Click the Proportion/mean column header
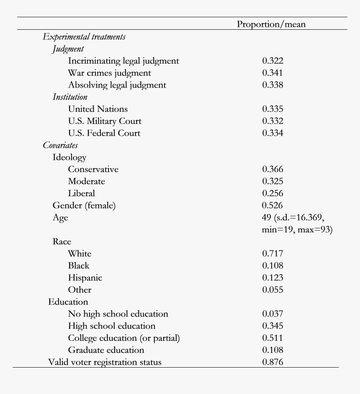coord(271,24)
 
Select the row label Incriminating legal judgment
coord(123,61)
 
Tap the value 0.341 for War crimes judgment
coord(273,73)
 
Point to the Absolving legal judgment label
coord(117,85)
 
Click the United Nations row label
coord(98,109)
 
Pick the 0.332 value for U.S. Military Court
coord(273,121)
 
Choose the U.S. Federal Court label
coord(104,134)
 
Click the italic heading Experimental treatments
coord(84,37)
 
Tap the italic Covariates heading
coord(60,146)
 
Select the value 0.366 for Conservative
coord(273,170)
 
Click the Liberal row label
coord(82,193)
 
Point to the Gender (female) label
coord(84,206)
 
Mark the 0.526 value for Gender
coord(272,206)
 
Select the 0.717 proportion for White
coord(273,254)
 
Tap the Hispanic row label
coord(85,278)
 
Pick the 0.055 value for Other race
coord(273,290)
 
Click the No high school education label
coord(118,314)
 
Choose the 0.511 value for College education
coord(273,338)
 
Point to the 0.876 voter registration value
coord(273,362)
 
